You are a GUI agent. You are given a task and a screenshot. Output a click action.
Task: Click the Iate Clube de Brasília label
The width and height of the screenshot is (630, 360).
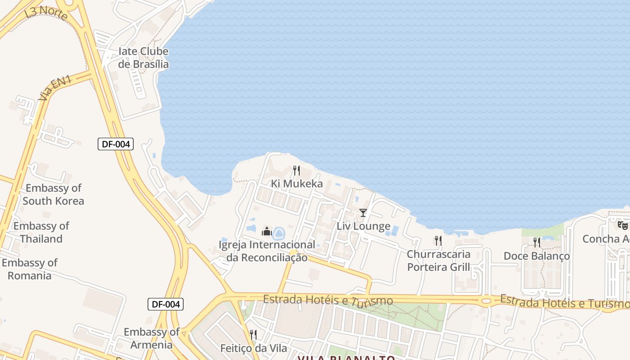[143, 58]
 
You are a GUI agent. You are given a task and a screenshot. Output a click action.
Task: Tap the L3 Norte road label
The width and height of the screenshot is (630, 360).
[46, 13]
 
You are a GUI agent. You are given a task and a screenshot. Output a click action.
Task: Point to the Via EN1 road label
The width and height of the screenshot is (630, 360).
[55, 88]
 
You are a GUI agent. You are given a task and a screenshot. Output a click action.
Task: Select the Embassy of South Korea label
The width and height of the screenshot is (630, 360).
[54, 194]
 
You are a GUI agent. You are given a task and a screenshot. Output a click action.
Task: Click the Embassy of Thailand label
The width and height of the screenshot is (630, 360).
[41, 232]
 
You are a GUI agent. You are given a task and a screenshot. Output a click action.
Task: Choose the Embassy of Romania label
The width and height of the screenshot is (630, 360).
[30, 269]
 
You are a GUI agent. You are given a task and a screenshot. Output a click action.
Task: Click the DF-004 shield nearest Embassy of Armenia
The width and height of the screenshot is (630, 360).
[166, 304]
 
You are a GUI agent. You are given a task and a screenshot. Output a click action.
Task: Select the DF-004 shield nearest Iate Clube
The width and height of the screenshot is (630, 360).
[116, 144]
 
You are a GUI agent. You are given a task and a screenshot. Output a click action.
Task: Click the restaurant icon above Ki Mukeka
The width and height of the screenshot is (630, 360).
[297, 171]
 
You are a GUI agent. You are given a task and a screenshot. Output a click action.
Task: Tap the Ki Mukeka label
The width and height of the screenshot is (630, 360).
[297, 184]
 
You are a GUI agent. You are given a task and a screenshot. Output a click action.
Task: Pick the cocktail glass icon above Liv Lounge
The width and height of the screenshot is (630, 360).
[363, 213]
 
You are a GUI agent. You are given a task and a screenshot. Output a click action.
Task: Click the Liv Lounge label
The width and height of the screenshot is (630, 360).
[364, 226]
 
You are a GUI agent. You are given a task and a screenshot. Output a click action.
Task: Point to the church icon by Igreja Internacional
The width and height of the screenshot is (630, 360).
[267, 232]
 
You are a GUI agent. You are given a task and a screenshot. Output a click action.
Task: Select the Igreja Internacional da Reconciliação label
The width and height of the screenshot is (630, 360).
[267, 251]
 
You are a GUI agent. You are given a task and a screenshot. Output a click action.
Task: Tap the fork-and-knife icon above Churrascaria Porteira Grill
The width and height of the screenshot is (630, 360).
[438, 241]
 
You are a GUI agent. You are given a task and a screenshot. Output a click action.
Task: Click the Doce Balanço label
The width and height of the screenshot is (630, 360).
[536, 256]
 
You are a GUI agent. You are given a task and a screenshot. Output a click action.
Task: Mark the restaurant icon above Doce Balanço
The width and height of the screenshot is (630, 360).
[536, 243]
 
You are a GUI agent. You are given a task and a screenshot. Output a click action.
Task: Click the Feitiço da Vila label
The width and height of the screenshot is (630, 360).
[253, 348]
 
